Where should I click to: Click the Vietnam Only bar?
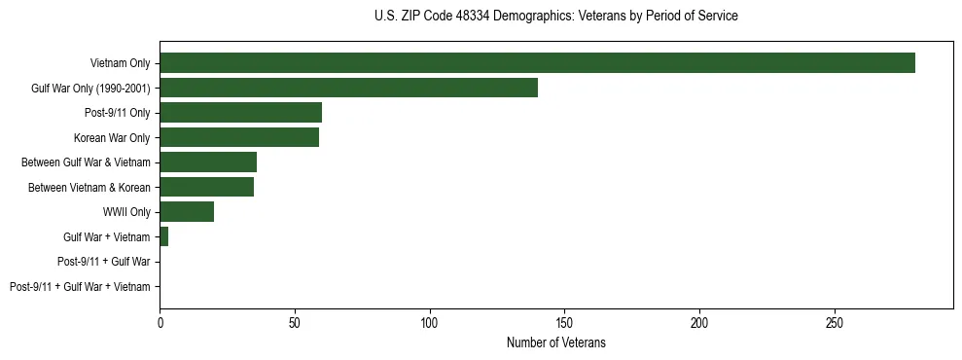[537, 63]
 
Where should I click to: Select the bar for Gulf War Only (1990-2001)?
[348, 89]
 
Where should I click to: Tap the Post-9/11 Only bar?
[240, 113]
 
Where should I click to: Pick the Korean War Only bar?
[239, 138]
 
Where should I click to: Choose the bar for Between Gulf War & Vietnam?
[208, 162]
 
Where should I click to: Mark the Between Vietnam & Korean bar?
[206, 188]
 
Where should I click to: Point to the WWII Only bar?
[187, 212]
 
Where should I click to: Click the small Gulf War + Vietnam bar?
[163, 237]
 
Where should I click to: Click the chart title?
[555, 17]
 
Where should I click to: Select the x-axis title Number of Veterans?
[555, 342]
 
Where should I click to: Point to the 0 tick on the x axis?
[160, 322]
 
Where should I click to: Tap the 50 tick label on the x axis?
[295, 322]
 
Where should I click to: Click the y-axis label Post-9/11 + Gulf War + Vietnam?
[80, 287]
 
